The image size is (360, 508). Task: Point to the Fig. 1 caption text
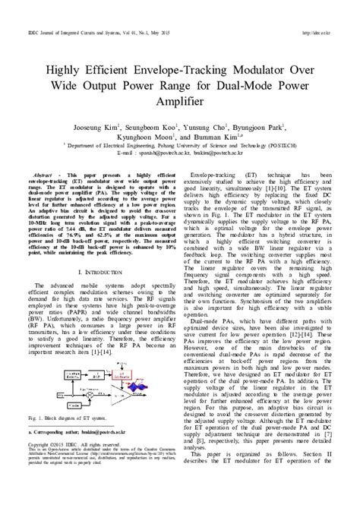[x=69, y=418]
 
